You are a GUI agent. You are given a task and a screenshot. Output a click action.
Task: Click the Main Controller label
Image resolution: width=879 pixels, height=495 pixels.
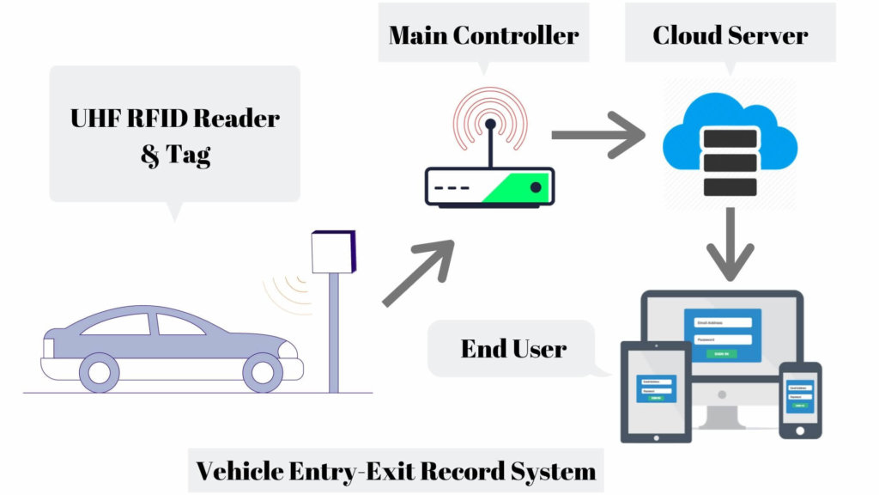[483, 35]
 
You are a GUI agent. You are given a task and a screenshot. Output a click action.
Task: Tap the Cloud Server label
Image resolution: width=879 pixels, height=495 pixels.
[730, 35]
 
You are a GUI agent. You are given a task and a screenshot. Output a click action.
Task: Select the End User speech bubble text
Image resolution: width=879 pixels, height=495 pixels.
[513, 348]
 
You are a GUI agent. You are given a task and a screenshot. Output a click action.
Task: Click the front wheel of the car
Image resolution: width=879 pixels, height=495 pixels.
[263, 372]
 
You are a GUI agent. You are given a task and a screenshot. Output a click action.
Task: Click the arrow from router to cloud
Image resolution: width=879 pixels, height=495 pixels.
[597, 135]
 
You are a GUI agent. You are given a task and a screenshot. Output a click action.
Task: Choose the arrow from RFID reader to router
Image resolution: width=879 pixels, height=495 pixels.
[419, 273]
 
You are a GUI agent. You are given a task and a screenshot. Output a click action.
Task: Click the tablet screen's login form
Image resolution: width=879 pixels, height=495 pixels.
[656, 389]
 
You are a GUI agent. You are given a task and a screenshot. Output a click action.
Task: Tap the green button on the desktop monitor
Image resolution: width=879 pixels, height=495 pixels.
[722, 354]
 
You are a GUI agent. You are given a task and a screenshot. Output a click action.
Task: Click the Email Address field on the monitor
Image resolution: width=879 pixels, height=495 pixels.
[723, 323]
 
